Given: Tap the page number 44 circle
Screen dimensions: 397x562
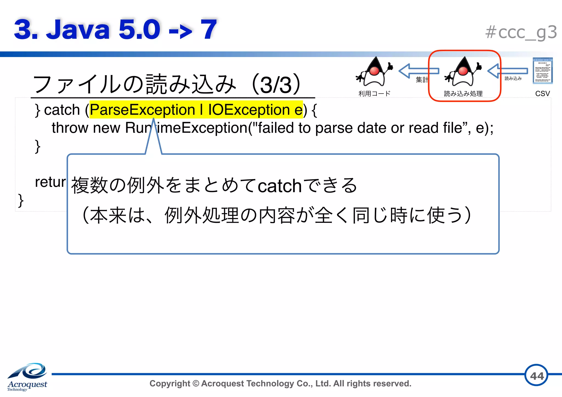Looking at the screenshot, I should tap(536, 375).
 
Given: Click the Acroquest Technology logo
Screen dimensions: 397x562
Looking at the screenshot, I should tap(27, 377).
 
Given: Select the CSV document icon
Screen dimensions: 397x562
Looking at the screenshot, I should tap(543, 71).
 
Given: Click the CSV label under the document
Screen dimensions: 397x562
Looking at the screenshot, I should tap(543, 94).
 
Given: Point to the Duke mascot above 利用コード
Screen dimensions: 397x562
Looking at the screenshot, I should tap(375, 72).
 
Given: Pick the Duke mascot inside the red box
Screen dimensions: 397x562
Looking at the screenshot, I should tap(463, 72).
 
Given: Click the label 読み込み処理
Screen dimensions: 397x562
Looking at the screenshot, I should tap(463, 94).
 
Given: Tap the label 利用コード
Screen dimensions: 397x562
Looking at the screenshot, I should tap(374, 94).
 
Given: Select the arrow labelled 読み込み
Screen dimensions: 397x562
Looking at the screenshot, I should tap(508, 71).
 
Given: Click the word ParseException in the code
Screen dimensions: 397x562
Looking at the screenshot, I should tap(142, 110).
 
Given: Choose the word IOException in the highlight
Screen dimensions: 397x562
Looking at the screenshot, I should tap(249, 110).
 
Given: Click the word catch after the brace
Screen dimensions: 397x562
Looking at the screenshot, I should tap(62, 110).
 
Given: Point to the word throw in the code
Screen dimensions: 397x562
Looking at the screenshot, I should tap(70, 128).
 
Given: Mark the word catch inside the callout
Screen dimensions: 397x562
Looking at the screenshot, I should tap(280, 186).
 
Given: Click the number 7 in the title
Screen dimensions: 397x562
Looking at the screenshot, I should tap(209, 29).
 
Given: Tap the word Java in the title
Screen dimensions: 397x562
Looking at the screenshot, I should tap(78, 29).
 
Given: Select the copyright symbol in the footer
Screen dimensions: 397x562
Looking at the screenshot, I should tap(196, 383).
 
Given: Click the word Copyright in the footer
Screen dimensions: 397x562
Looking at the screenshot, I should tap(170, 383).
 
